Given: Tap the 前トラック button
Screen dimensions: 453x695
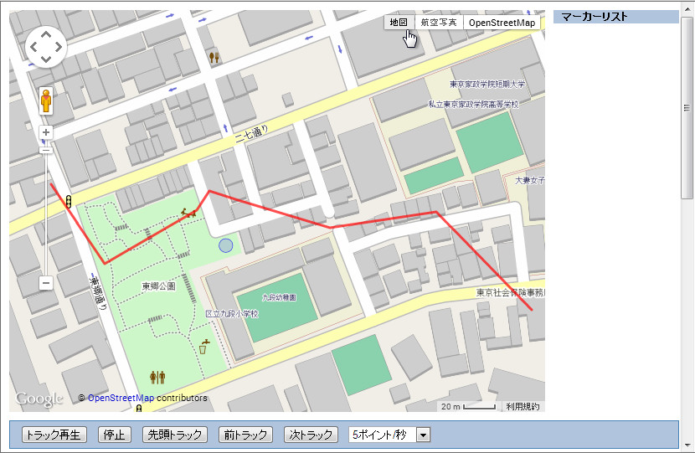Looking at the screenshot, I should [246, 435].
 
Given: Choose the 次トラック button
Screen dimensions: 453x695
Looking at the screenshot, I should [311, 435].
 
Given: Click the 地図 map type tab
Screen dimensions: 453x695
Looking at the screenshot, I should [399, 23].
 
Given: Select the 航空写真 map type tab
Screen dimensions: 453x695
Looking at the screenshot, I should [439, 23].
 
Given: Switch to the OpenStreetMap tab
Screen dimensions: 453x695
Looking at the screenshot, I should [502, 23].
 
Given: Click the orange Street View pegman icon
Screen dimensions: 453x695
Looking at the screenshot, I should [46, 101].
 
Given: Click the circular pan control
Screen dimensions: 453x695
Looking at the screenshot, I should [46, 48].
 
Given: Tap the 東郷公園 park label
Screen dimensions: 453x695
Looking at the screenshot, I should [158, 286].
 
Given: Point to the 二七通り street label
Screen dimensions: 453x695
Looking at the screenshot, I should [252, 134].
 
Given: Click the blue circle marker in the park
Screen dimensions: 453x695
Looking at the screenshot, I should [225, 245].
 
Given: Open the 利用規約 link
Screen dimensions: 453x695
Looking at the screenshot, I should [523, 406].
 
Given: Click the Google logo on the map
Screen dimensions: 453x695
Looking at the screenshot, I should [39, 399].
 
